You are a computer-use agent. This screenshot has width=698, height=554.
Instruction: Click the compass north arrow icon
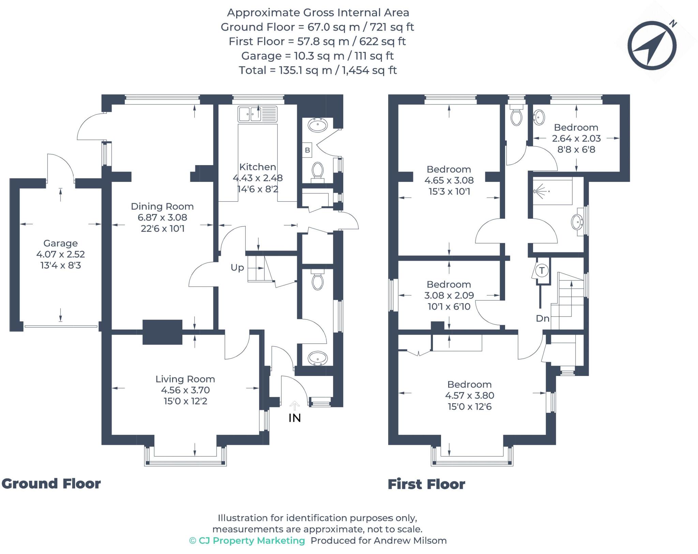point(652,45)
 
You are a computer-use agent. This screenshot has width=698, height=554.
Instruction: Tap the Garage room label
point(60,243)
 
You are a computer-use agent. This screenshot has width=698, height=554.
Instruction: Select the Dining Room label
point(162,206)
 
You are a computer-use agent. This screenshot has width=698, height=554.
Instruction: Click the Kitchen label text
point(258,167)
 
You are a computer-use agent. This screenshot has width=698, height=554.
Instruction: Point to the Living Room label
point(185,379)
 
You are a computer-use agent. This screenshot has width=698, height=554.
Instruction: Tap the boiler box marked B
point(307,150)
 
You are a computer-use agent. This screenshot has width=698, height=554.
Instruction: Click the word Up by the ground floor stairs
point(237,267)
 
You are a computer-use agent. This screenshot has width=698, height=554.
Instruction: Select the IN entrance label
point(294,418)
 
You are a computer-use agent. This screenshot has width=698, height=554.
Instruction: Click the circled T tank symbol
point(542,271)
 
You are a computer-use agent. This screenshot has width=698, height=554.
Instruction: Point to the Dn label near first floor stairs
point(543,318)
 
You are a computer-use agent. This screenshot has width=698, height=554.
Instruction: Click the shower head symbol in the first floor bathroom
point(539,191)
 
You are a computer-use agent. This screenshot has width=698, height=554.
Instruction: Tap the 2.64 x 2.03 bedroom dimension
point(576,138)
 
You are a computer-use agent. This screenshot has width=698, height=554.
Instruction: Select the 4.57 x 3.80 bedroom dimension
point(469,395)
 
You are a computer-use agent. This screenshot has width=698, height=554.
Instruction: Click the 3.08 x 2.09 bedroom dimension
point(449,295)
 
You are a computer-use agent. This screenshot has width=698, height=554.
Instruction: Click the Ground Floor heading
point(51,484)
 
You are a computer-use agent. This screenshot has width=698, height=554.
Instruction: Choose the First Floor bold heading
point(426,484)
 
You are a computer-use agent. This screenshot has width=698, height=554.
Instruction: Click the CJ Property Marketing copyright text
point(247,541)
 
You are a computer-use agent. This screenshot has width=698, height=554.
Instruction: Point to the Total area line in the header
point(318,70)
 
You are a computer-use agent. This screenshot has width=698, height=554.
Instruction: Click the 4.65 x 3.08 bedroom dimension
point(449,180)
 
